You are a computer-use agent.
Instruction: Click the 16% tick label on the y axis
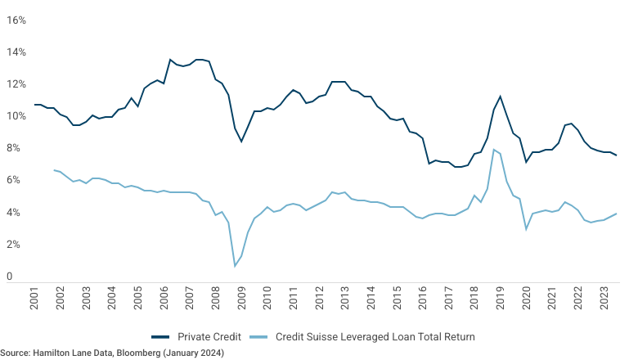[x=16, y=20]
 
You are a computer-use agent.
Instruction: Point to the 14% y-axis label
[x=16, y=52]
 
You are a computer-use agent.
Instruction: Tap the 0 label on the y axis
[x=9, y=277]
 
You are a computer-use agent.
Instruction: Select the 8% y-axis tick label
[x=13, y=148]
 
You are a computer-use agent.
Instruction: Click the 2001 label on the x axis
[x=34, y=298]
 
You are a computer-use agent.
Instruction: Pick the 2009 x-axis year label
[x=241, y=298]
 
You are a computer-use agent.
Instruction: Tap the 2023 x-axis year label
[x=604, y=298]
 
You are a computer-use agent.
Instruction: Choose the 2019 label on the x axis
[x=501, y=298]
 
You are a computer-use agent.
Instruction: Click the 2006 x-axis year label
[x=164, y=298]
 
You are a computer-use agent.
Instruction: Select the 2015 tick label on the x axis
[x=398, y=298]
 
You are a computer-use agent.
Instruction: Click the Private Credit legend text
[x=209, y=337]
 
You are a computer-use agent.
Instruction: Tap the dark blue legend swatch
[x=160, y=337]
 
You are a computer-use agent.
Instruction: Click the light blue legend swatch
[x=258, y=337]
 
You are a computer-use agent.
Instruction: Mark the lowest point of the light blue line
[x=235, y=267]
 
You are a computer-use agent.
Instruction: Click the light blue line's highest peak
[x=493, y=150]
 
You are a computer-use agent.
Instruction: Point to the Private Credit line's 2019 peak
[x=500, y=97]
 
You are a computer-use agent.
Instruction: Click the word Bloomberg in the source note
[x=138, y=353]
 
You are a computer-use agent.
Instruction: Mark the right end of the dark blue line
[x=617, y=155]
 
